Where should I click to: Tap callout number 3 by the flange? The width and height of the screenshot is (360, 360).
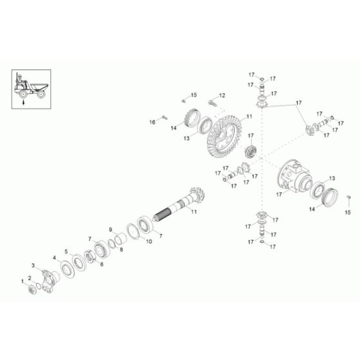34,265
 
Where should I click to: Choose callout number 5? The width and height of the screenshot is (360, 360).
66,251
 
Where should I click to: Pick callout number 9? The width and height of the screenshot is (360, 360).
110,229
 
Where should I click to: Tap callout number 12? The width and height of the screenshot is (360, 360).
222,96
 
